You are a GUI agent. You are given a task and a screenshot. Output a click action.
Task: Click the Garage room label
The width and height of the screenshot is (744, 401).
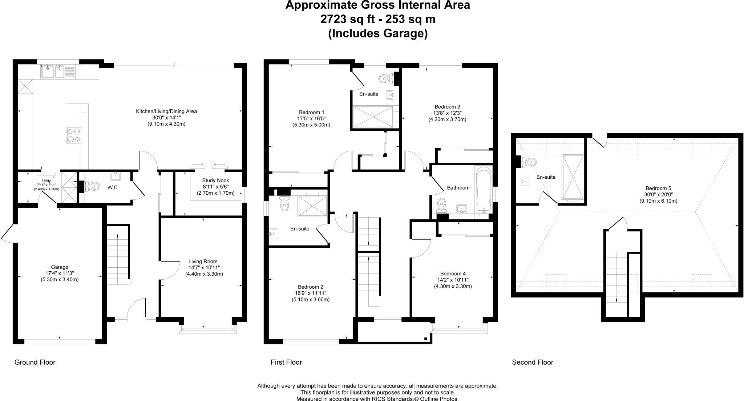60,267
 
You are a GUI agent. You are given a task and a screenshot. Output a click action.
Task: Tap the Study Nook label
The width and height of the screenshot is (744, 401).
216,181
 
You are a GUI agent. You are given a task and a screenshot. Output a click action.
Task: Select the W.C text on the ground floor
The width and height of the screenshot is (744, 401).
112,187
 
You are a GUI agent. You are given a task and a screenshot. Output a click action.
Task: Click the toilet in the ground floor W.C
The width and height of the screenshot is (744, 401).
91,186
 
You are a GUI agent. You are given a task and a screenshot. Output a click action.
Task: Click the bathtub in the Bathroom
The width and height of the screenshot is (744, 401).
484,190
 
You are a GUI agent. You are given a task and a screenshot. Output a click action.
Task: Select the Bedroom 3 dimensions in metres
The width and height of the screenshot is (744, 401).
447,119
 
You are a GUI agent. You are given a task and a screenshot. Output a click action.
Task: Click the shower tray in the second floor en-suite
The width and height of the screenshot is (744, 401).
573,177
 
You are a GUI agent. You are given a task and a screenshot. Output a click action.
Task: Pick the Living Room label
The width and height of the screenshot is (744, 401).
203,262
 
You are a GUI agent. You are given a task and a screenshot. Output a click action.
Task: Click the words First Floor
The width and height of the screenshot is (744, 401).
286,362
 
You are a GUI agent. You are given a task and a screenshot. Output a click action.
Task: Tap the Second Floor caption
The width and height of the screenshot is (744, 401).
533,362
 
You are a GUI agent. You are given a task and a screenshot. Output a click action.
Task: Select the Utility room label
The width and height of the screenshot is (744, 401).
46,181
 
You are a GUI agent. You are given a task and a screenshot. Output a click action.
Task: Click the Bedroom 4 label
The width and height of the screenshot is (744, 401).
453,274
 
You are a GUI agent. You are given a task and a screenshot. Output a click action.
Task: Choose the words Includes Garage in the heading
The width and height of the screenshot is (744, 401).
378,33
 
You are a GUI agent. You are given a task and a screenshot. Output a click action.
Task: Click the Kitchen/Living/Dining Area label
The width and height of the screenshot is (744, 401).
166,112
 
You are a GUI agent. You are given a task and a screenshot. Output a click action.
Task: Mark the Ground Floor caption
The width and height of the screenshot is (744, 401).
35,362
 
